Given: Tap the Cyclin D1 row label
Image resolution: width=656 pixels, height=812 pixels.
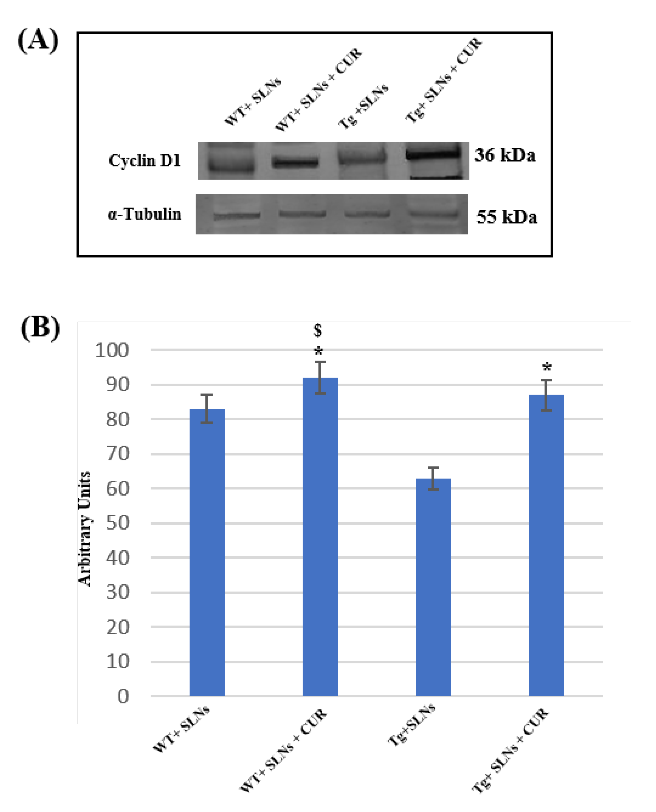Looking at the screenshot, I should [x=145, y=161].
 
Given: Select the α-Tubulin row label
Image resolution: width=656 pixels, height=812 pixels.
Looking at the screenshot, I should [x=144, y=214].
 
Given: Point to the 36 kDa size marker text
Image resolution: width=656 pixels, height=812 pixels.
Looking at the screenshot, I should [x=505, y=155].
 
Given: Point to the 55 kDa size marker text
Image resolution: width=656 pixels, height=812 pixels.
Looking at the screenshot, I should [x=507, y=217].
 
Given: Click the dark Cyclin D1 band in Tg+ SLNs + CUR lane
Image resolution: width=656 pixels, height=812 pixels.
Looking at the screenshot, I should [x=433, y=153].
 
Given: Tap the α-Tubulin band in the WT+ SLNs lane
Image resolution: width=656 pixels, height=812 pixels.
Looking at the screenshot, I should [x=237, y=216].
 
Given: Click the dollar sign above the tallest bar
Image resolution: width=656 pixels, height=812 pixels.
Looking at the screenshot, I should [x=318, y=330].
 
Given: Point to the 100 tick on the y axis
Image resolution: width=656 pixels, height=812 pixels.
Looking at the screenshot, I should [x=112, y=350].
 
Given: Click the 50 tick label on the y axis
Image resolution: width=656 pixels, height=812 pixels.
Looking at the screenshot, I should [x=118, y=524].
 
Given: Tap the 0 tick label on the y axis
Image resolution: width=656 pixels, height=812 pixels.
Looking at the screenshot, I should [x=123, y=696].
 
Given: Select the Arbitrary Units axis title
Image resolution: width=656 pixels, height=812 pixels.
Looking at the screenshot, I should [x=84, y=529].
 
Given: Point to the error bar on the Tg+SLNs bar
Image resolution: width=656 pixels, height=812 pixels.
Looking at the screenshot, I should [x=433, y=478].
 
